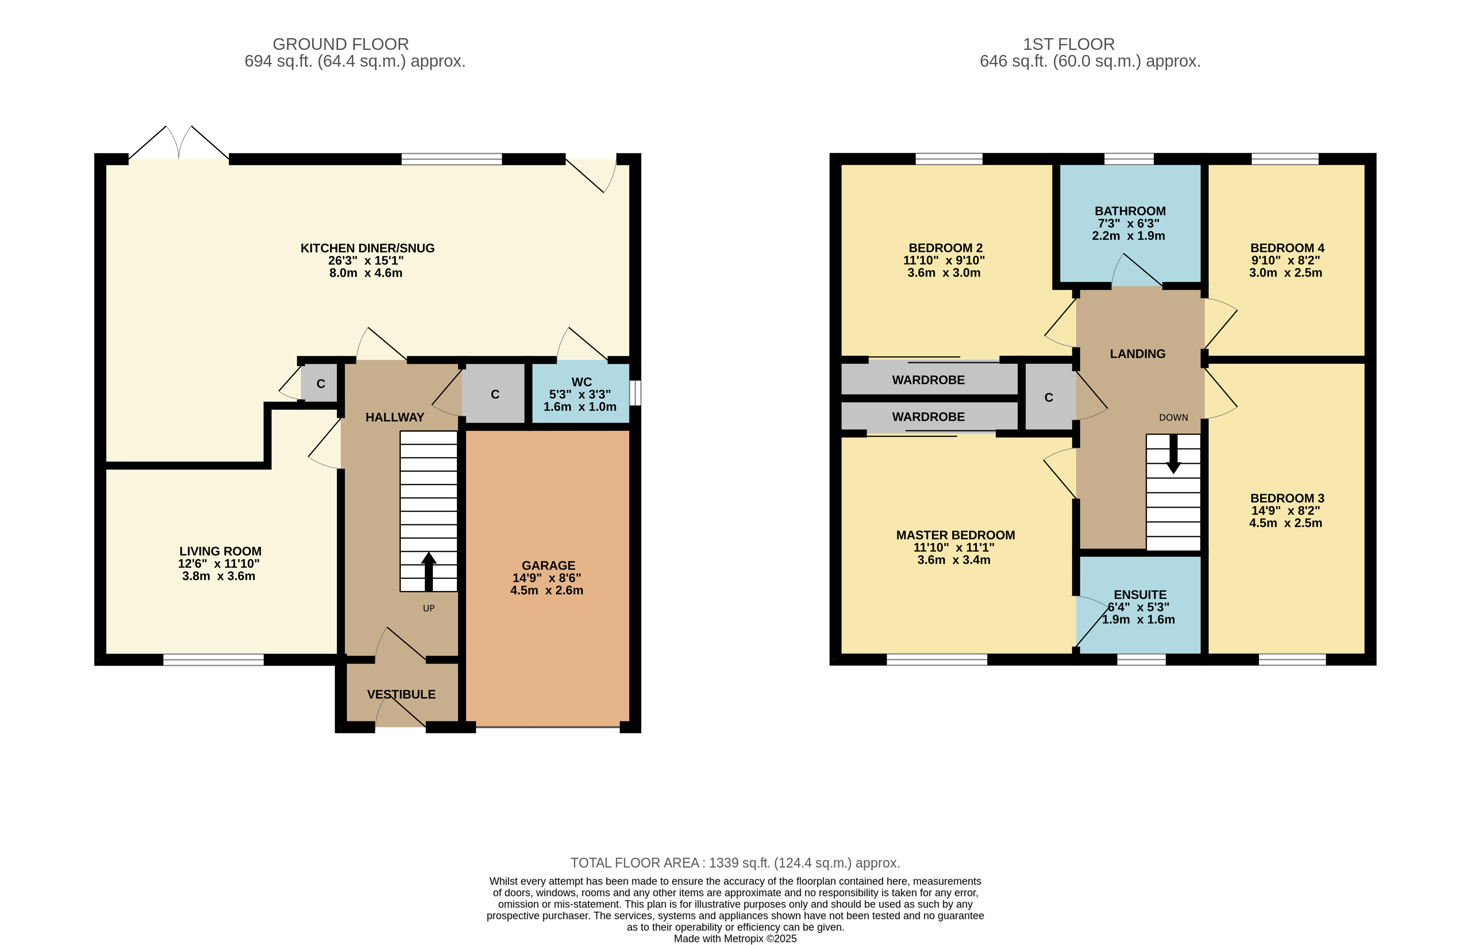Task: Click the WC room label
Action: click(x=581, y=382)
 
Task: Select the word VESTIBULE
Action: click(x=401, y=694)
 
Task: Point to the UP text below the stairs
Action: click(x=428, y=608)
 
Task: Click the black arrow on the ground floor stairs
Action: click(x=428, y=571)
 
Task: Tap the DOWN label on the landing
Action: click(x=1173, y=417)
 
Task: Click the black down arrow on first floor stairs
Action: click(x=1173, y=454)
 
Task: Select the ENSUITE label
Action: click(x=1140, y=595)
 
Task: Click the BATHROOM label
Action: click(x=1130, y=211)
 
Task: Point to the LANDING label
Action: click(x=1137, y=354)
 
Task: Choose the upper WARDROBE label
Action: click(x=928, y=380)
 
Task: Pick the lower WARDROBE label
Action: click(x=928, y=417)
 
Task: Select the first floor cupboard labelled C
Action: click(x=1048, y=398)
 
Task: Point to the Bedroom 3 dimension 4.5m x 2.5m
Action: click(x=1286, y=523)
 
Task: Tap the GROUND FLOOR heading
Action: click(x=341, y=44)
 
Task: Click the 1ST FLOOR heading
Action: click(x=1068, y=44)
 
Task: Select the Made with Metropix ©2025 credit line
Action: click(x=735, y=938)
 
